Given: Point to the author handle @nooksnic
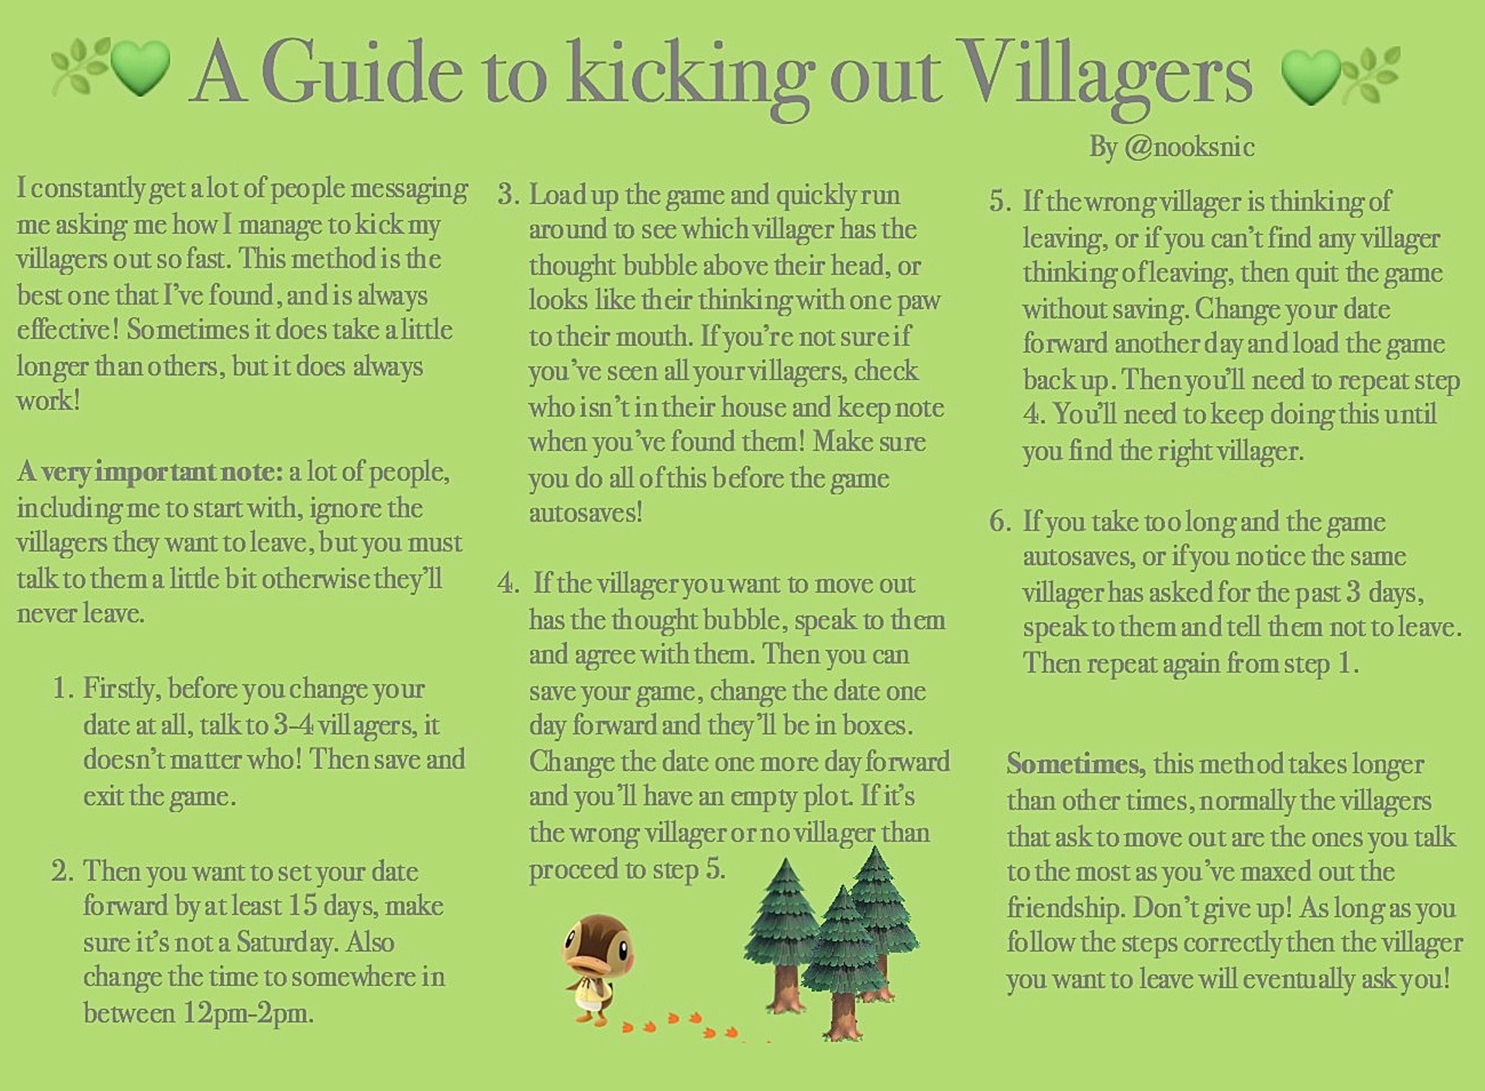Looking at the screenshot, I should click(x=1189, y=147).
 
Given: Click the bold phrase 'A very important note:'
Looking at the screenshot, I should click(x=150, y=472).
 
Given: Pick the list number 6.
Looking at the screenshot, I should click(x=999, y=522).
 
